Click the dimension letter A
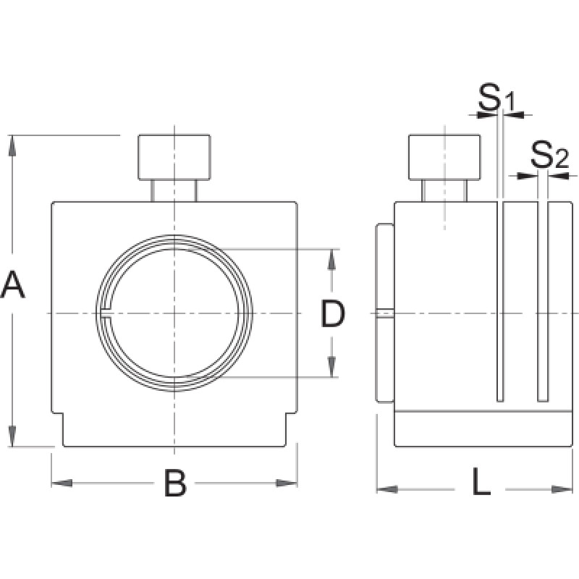13,284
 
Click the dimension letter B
174,483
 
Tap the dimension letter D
332,313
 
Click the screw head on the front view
175,157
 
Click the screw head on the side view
444,157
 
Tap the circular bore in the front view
174,313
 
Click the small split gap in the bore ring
105,313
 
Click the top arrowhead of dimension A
12,145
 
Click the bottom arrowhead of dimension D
332,369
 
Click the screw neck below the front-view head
174,191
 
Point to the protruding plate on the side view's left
384,313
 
